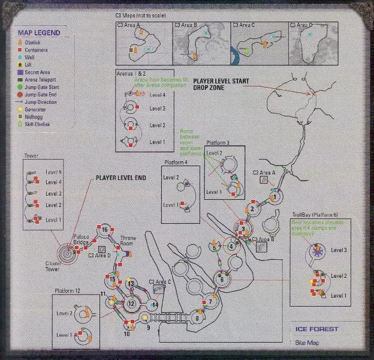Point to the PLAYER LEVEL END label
click(122, 178)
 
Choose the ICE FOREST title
click(316, 329)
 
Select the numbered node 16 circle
click(104, 230)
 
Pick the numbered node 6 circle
click(222, 278)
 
